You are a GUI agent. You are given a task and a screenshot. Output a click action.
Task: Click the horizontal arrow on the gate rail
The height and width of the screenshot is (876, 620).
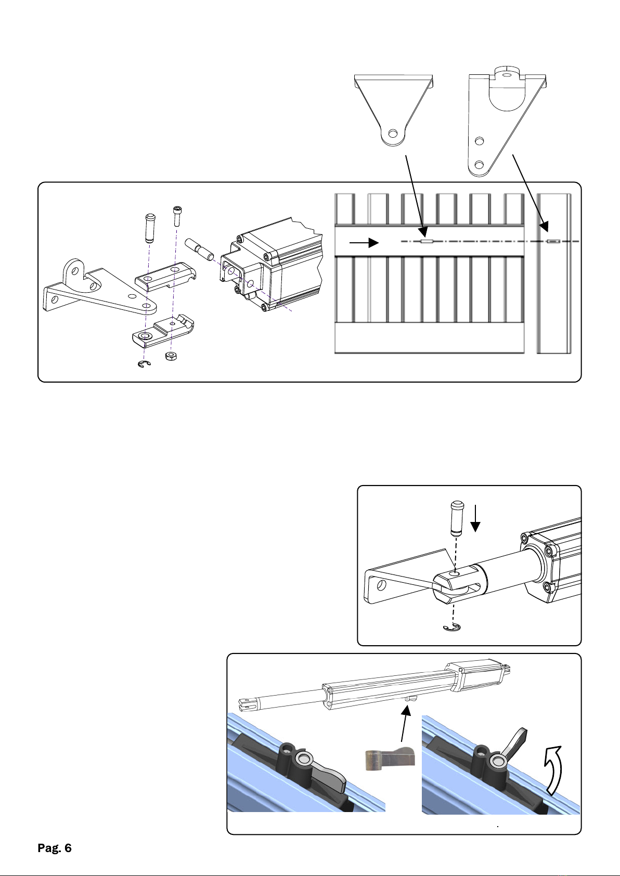point(364,243)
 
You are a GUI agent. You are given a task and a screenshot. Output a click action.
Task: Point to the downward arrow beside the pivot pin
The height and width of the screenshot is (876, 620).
point(475,518)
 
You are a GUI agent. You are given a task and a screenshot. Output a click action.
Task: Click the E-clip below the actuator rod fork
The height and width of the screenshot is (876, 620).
point(452,627)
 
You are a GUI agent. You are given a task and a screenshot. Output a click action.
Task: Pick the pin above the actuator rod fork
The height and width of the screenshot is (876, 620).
point(457,518)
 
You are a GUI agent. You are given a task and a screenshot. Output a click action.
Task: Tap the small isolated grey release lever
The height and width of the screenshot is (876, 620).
point(390,759)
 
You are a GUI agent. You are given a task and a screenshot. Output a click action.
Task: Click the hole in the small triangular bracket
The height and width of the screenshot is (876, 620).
point(394,134)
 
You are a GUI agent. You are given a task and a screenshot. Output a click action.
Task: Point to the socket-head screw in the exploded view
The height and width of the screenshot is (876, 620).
point(177,216)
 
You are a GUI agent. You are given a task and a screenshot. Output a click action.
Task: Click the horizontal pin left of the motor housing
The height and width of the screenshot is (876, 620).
point(199,249)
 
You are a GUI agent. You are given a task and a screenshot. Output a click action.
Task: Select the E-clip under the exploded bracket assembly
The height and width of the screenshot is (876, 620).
point(145,364)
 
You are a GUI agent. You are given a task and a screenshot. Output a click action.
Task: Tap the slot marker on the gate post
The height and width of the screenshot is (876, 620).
point(553,241)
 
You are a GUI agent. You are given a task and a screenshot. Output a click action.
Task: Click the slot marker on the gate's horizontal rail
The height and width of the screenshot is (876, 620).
point(427,241)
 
